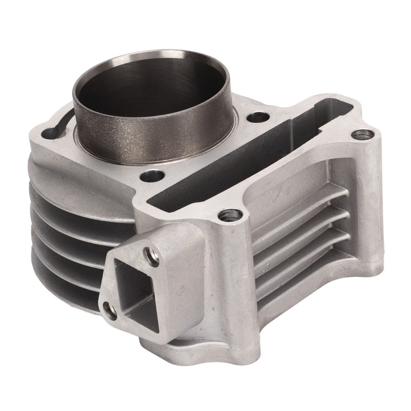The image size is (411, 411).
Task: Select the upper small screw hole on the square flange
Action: pos(148,253)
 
